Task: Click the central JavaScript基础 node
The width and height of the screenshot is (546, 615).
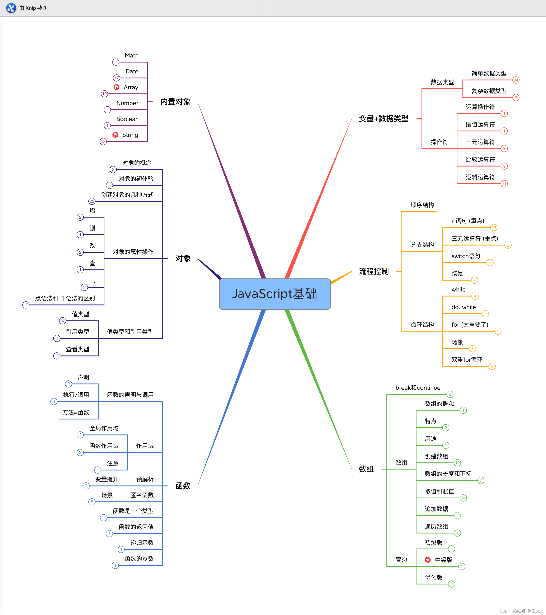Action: click(275, 294)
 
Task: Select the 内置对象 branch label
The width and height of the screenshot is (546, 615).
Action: click(175, 102)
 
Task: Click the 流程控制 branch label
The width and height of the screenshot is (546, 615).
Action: click(374, 272)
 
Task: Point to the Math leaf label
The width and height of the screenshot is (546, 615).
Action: click(131, 56)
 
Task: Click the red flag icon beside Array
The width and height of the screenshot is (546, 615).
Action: click(116, 87)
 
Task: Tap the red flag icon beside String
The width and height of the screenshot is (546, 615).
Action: click(115, 135)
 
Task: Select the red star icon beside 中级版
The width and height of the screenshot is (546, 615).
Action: click(428, 560)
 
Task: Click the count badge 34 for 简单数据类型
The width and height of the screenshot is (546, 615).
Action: click(516, 80)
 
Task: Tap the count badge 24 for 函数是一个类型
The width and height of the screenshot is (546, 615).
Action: click(103, 517)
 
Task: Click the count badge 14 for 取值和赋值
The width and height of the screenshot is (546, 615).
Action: click(463, 498)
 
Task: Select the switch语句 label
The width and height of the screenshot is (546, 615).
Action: click(466, 256)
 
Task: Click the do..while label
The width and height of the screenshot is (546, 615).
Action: click(463, 307)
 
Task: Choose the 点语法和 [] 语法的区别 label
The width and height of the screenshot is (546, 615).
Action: click(65, 298)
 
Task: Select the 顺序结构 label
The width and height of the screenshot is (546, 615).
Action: click(422, 205)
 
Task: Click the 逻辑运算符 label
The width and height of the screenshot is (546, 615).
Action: click(480, 177)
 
